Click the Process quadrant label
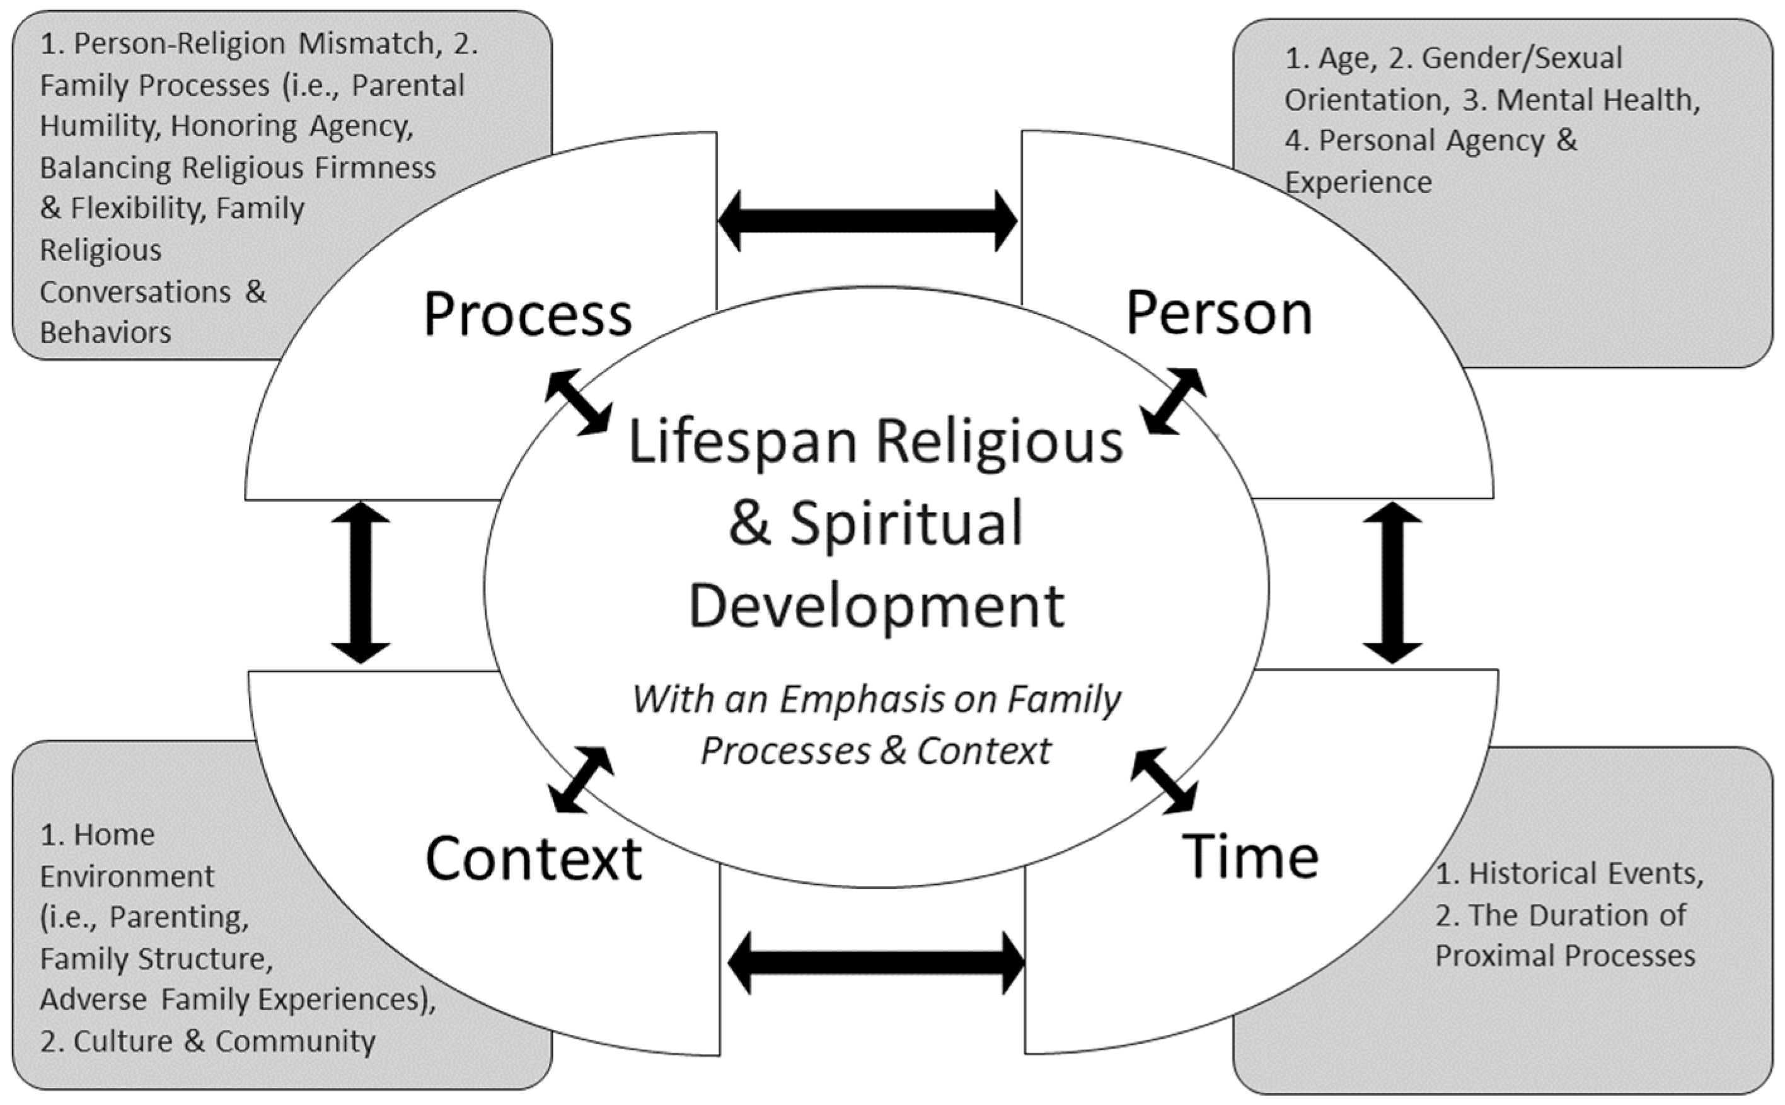[x=528, y=315]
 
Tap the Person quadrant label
[x=1219, y=313]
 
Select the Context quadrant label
[x=533, y=858]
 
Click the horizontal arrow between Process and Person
[x=867, y=221]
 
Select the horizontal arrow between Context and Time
[x=876, y=963]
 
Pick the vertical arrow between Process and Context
[x=361, y=582]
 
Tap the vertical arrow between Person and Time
[x=1392, y=582]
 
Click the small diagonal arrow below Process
[x=578, y=403]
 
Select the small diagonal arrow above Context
[x=581, y=780]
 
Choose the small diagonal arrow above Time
[x=1164, y=781]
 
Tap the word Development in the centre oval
[x=876, y=606]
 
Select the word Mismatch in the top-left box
[x=366, y=44]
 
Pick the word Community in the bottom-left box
[x=295, y=1041]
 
